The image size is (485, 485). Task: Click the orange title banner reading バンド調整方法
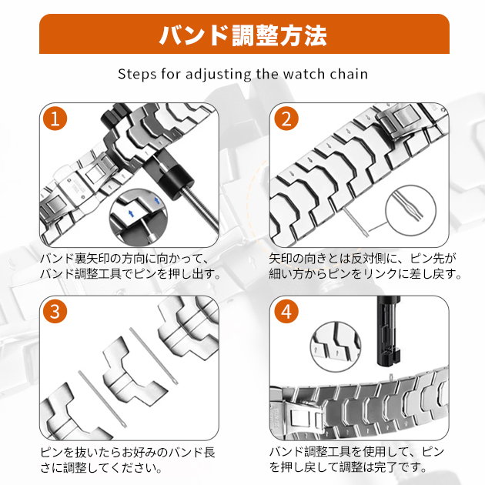[242, 35]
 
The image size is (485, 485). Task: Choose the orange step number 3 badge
[55, 312]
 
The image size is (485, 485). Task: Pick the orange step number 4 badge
[286, 312]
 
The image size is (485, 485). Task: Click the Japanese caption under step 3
[127, 457]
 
